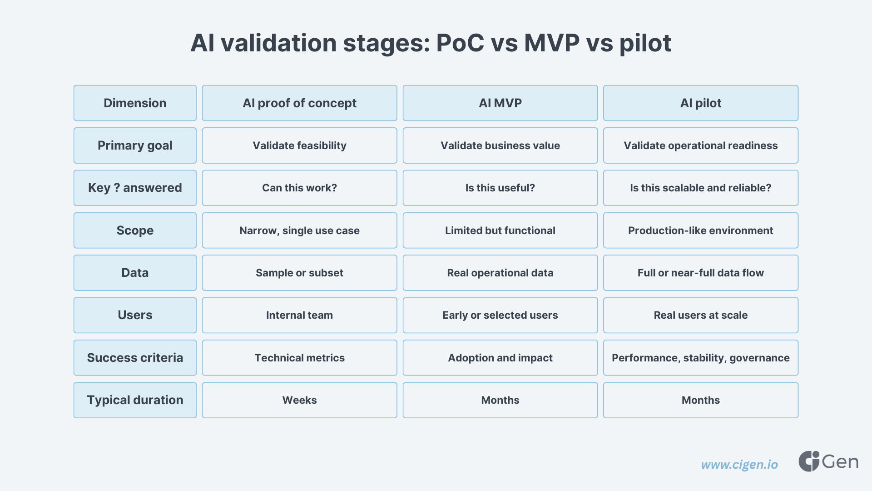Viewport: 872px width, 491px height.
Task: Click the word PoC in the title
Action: coord(460,43)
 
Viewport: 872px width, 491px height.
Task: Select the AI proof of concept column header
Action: coord(299,103)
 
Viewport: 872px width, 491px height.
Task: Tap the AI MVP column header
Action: coord(500,103)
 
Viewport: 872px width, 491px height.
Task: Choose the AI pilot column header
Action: coord(700,103)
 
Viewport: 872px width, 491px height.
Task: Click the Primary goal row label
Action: coord(135,145)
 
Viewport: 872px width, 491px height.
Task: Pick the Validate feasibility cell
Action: coord(299,145)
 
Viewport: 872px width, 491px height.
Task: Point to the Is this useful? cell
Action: coord(500,188)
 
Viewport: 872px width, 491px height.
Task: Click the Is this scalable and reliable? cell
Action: coord(700,188)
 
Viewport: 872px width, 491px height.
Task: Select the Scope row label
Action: coord(135,230)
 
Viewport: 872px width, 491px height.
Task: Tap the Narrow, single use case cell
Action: coord(299,230)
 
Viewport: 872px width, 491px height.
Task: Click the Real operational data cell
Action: coord(500,273)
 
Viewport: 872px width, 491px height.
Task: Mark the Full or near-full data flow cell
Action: coord(700,273)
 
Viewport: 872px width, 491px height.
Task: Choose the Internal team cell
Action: coord(299,315)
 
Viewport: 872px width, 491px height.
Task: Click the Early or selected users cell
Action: coord(500,315)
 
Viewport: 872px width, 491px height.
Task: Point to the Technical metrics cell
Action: coord(299,358)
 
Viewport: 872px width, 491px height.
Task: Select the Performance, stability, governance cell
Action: coord(700,358)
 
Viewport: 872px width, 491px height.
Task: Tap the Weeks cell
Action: coord(299,400)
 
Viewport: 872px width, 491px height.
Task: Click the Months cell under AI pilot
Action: coord(700,400)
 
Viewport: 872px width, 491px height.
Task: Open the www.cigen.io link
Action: coord(739,465)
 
